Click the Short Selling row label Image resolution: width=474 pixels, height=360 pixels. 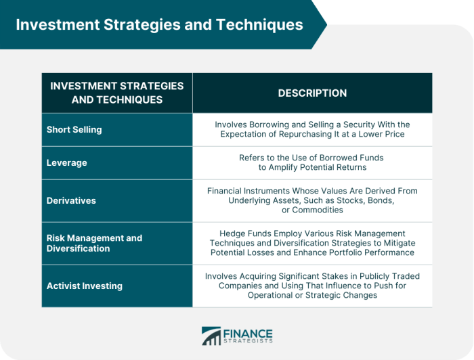(74, 129)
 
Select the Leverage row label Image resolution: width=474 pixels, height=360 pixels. (67, 163)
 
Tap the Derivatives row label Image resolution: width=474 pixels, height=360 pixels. (71, 200)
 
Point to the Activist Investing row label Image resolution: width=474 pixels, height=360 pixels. (85, 286)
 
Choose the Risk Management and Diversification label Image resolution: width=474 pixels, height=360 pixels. (94, 243)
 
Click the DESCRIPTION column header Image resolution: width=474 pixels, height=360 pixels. (312, 93)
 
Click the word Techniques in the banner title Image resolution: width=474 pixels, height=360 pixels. (259, 25)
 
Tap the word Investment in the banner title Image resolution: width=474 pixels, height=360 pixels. (58, 24)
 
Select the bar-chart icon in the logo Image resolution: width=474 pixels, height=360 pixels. (211, 336)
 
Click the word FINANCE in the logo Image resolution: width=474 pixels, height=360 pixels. (248, 334)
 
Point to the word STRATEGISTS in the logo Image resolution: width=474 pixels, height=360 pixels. (248, 341)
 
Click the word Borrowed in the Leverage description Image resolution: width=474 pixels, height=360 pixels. (334, 158)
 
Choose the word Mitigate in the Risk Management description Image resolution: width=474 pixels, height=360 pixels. (400, 243)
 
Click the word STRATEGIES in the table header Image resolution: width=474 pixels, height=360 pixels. (152, 86)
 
